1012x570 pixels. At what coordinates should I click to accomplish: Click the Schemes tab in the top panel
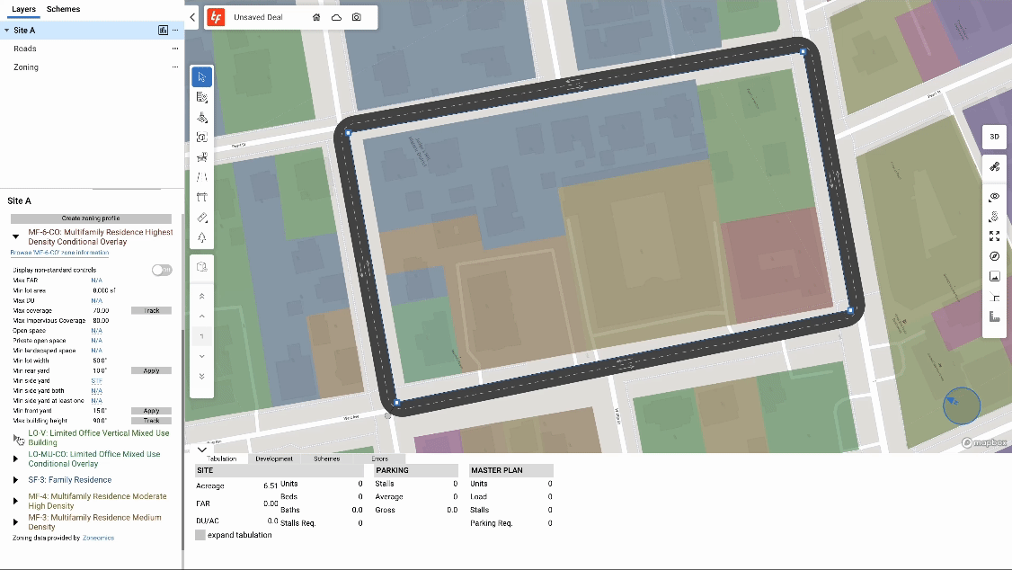click(63, 9)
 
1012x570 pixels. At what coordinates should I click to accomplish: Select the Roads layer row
click(25, 49)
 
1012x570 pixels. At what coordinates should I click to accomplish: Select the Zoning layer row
click(26, 67)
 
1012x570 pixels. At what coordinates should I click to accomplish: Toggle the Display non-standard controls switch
click(162, 270)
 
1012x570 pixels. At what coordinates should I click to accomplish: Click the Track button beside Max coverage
click(151, 311)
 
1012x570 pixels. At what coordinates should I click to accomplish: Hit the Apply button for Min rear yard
click(151, 370)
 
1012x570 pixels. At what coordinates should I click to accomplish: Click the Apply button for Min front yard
click(151, 411)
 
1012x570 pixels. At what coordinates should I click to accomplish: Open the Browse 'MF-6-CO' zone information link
click(59, 253)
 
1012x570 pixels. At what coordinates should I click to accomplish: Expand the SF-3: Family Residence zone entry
click(15, 480)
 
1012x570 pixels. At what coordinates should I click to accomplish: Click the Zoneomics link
click(98, 538)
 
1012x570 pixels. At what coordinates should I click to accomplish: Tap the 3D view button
click(994, 137)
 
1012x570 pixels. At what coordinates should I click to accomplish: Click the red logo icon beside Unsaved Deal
click(215, 17)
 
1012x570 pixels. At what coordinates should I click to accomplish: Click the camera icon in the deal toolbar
click(357, 17)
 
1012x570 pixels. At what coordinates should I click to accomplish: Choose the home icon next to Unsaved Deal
click(316, 17)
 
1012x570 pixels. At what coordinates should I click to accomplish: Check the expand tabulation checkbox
click(200, 535)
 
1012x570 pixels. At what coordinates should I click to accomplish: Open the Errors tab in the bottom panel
click(380, 459)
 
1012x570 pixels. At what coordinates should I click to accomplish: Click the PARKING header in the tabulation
click(392, 470)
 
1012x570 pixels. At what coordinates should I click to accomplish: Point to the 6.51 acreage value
click(271, 485)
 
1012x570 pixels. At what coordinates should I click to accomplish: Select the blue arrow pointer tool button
click(202, 76)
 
